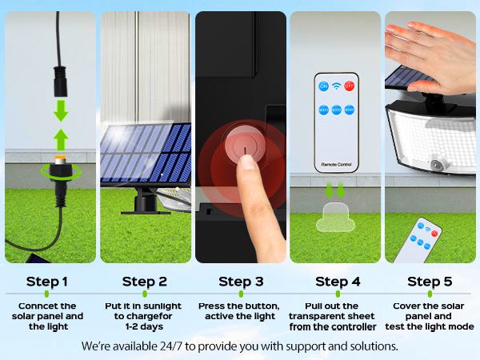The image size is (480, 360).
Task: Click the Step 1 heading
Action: pos(47,282)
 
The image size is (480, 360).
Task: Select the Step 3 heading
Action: pos(240,282)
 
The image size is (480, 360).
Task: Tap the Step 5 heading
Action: pos(430,282)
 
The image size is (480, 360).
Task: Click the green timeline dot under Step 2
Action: pos(145,294)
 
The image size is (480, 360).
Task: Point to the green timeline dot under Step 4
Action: pos(337,294)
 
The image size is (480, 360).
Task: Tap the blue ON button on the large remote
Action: pos(324,86)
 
